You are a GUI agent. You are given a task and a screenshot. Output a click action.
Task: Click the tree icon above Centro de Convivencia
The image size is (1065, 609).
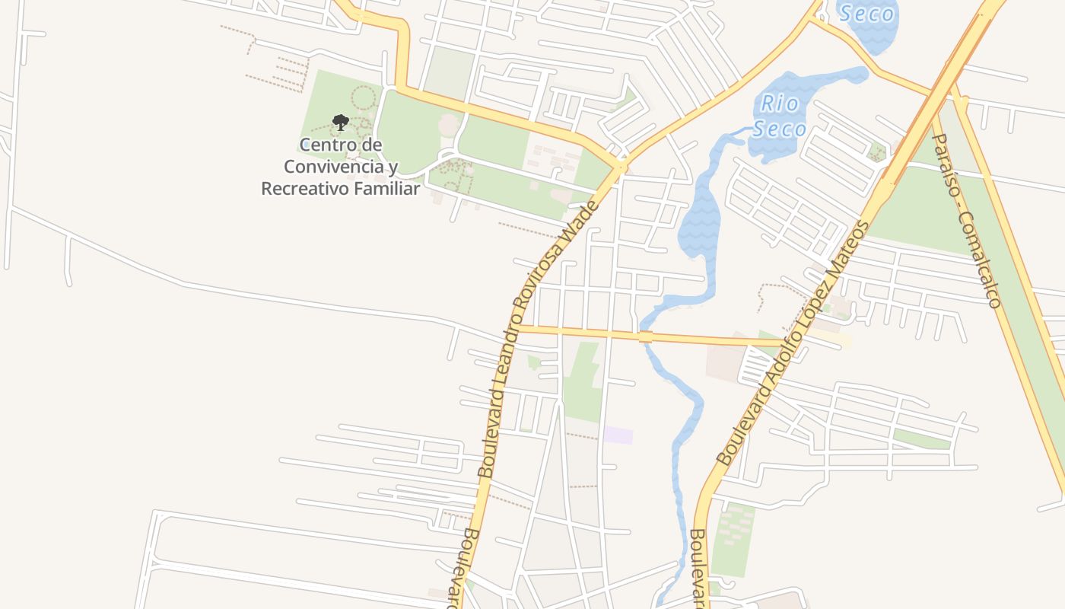(x=340, y=123)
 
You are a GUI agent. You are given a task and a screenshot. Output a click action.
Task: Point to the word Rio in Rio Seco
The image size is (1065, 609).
(x=780, y=104)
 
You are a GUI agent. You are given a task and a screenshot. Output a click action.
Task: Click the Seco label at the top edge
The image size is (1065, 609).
(x=866, y=13)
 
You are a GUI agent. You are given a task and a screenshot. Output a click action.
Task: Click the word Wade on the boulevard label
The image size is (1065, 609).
(x=578, y=215)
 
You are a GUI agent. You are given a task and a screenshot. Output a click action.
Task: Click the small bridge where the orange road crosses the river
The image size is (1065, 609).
(x=646, y=336)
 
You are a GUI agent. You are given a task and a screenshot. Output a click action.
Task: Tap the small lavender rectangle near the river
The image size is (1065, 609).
(x=618, y=435)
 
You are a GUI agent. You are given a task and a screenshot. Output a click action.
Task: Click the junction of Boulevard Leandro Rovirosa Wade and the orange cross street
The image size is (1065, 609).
(x=517, y=328)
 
